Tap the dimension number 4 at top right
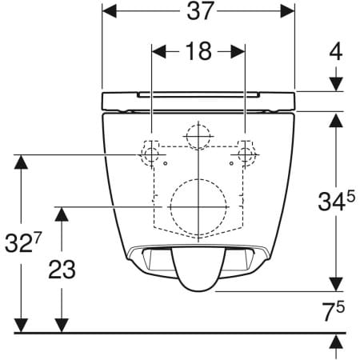tap(336, 52)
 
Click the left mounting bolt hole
tap(150, 153)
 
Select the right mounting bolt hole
tap(244, 153)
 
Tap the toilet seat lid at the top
tap(198, 101)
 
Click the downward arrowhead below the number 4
tap(336, 83)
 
